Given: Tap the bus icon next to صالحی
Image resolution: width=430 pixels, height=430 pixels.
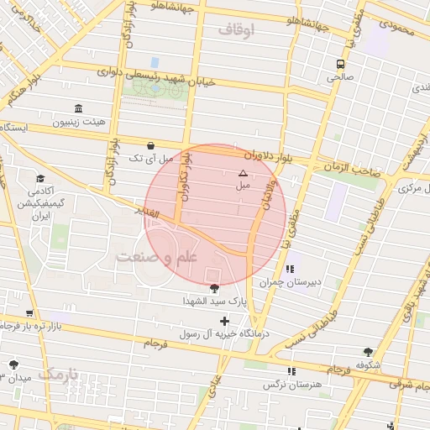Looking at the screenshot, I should (x=340, y=64).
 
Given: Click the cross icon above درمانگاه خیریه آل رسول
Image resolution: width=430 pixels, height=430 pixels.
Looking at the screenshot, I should (x=224, y=321).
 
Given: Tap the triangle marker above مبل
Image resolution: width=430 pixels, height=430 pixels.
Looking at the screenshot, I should (x=244, y=173).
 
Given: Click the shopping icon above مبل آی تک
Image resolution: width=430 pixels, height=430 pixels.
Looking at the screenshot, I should (x=150, y=144).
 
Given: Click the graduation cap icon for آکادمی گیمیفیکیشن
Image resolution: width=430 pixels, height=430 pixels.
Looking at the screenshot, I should (x=39, y=179).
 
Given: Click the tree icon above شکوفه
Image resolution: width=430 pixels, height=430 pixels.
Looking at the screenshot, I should (x=368, y=353).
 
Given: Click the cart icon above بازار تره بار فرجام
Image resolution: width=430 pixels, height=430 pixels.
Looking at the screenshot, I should (x=30, y=312).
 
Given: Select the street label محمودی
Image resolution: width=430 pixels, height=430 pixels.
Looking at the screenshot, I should (x=397, y=28).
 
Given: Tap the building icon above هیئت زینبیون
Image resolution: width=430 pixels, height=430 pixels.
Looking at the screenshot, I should (x=78, y=108).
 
